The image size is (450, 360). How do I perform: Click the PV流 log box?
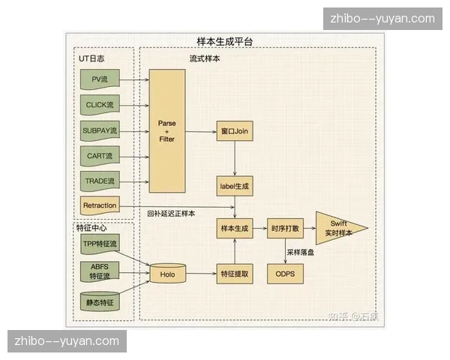(x=100, y=79)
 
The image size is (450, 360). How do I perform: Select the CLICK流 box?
(x=100, y=105)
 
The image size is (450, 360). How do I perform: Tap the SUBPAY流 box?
(x=100, y=130)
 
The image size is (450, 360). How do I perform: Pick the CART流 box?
(x=100, y=156)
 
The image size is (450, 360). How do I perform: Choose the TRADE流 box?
(x=100, y=181)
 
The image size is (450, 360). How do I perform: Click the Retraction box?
(x=100, y=206)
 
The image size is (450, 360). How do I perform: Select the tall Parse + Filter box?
(x=166, y=130)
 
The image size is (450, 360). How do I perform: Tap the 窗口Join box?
(x=235, y=131)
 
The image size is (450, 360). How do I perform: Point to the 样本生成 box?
(x=235, y=227)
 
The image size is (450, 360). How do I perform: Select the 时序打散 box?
(x=286, y=227)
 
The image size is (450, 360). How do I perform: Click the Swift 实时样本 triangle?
(x=337, y=228)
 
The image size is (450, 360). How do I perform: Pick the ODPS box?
(x=286, y=274)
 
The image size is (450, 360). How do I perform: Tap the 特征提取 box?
(x=235, y=274)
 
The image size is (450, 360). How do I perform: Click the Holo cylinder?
(x=167, y=274)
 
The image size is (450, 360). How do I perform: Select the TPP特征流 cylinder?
(x=100, y=244)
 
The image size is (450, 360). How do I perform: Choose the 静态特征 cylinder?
(x=100, y=301)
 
